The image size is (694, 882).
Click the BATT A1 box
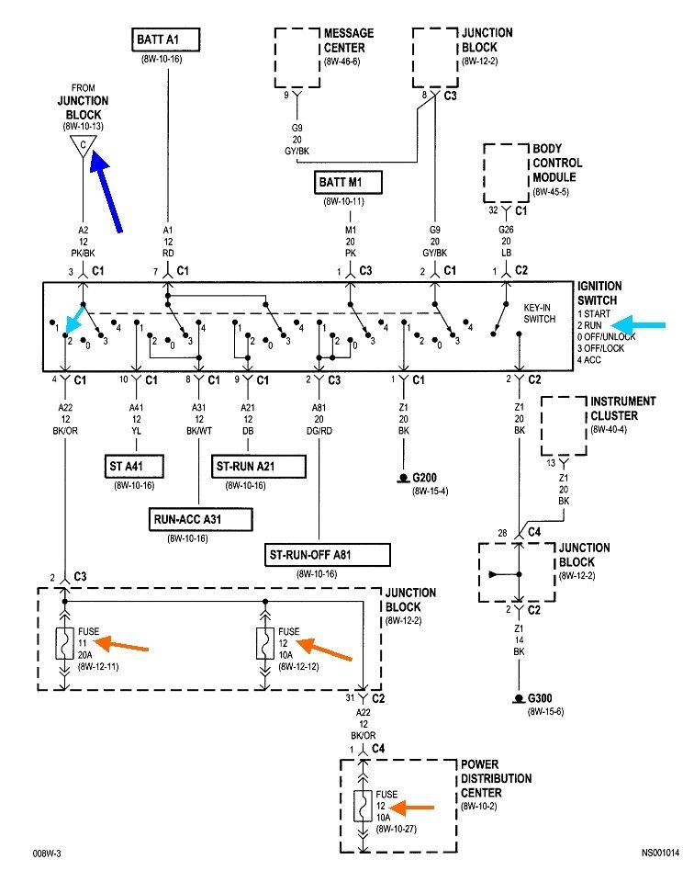(165, 40)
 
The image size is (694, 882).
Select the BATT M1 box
(348, 182)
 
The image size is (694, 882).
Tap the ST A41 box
(134, 467)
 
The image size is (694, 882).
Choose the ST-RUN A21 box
(259, 467)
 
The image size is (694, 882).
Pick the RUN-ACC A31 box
(200, 519)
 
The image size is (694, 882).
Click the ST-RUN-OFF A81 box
(328, 555)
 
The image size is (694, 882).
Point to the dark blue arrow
(106, 191)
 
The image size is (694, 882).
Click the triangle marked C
(84, 146)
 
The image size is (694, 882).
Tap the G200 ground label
(424, 478)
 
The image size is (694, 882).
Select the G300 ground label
(540, 698)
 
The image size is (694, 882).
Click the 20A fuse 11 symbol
(64, 643)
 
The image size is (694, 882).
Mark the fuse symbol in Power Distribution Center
(363, 806)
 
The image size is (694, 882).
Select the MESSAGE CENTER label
(349, 40)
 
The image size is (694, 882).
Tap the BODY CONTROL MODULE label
(557, 164)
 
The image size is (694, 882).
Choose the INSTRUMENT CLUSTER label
(622, 408)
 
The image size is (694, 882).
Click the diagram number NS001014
(660, 853)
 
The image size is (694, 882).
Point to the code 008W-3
(47, 854)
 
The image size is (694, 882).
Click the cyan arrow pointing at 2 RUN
(637, 324)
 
